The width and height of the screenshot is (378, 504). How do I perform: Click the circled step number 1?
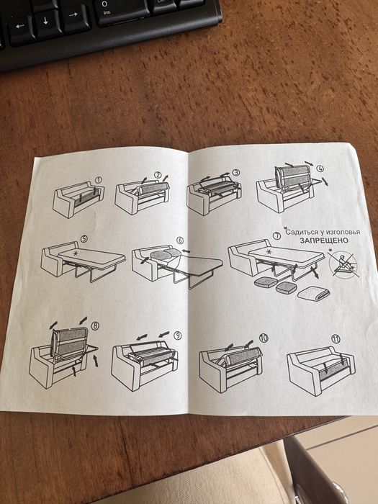click(99, 180)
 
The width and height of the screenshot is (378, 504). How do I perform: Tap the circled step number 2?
click(158, 174)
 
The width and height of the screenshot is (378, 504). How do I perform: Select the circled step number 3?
click(236, 173)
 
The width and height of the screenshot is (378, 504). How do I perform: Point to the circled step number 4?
click(320, 168)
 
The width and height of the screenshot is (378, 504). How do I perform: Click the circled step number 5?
click(84, 239)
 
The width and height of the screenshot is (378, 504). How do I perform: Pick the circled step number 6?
click(180, 240)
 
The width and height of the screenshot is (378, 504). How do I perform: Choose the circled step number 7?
click(276, 235)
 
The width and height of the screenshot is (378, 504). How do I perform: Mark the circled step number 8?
click(95, 326)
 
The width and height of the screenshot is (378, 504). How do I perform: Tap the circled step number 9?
click(177, 336)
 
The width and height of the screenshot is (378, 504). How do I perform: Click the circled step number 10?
click(264, 338)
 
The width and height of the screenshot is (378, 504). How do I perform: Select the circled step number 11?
click(336, 339)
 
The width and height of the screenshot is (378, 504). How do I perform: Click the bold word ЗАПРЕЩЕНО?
click(324, 240)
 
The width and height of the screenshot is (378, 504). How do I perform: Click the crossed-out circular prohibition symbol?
click(344, 265)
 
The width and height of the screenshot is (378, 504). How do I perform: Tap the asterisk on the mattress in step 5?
click(76, 253)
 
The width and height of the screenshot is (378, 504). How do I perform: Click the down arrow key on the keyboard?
click(46, 21)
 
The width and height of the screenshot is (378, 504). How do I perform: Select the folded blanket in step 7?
click(314, 293)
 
